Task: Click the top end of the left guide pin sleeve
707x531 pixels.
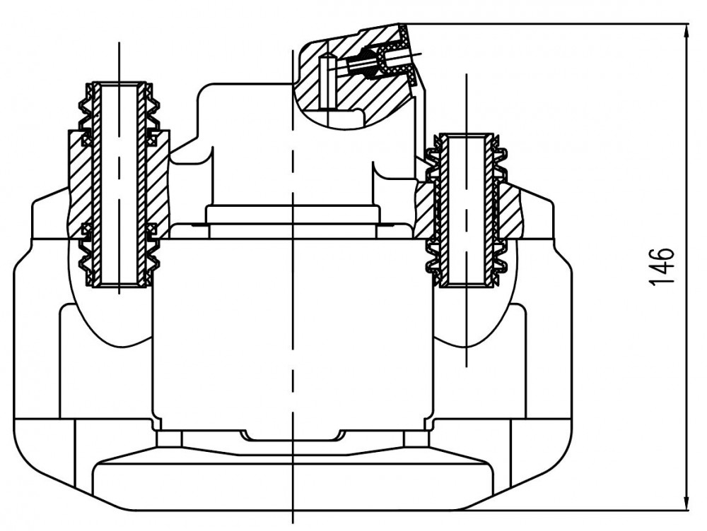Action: (119, 85)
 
